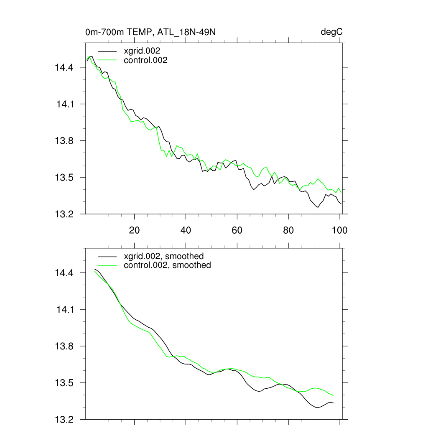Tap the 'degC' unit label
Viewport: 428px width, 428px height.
click(x=332, y=32)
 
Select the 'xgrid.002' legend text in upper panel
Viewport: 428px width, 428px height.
click(x=143, y=51)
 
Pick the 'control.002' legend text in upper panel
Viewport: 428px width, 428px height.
click(x=146, y=61)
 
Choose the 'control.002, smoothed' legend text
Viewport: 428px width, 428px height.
click(x=168, y=265)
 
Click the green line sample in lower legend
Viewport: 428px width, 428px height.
click(x=106, y=265)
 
